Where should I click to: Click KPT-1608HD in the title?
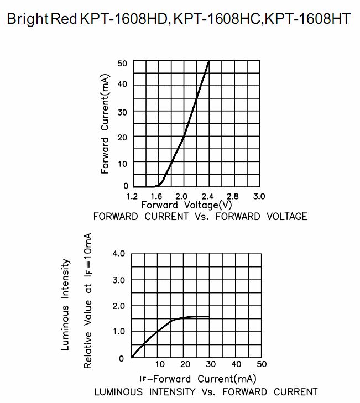[x=124, y=19]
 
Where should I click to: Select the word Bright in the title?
[x=27, y=19]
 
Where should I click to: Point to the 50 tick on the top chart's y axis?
[x=122, y=63]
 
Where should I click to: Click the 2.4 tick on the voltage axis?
[x=208, y=196]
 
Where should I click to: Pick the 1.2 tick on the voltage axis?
[x=132, y=196]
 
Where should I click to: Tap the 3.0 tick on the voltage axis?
[x=259, y=196]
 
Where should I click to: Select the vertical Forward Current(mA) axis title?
[x=105, y=124]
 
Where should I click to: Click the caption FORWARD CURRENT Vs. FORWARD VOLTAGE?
[x=200, y=217]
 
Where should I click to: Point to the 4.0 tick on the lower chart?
[x=119, y=254]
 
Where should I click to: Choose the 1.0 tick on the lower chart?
[x=119, y=331]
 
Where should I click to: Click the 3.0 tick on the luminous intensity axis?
[x=119, y=280]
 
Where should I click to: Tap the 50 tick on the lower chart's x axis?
[x=262, y=364]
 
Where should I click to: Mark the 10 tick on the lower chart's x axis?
[x=160, y=364]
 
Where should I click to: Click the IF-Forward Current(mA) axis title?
[x=197, y=379]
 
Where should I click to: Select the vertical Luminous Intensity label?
[x=66, y=305]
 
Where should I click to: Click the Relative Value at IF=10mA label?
[x=88, y=301]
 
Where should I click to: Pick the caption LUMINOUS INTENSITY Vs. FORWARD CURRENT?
[x=206, y=392]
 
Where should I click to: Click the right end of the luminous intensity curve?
[x=210, y=317]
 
